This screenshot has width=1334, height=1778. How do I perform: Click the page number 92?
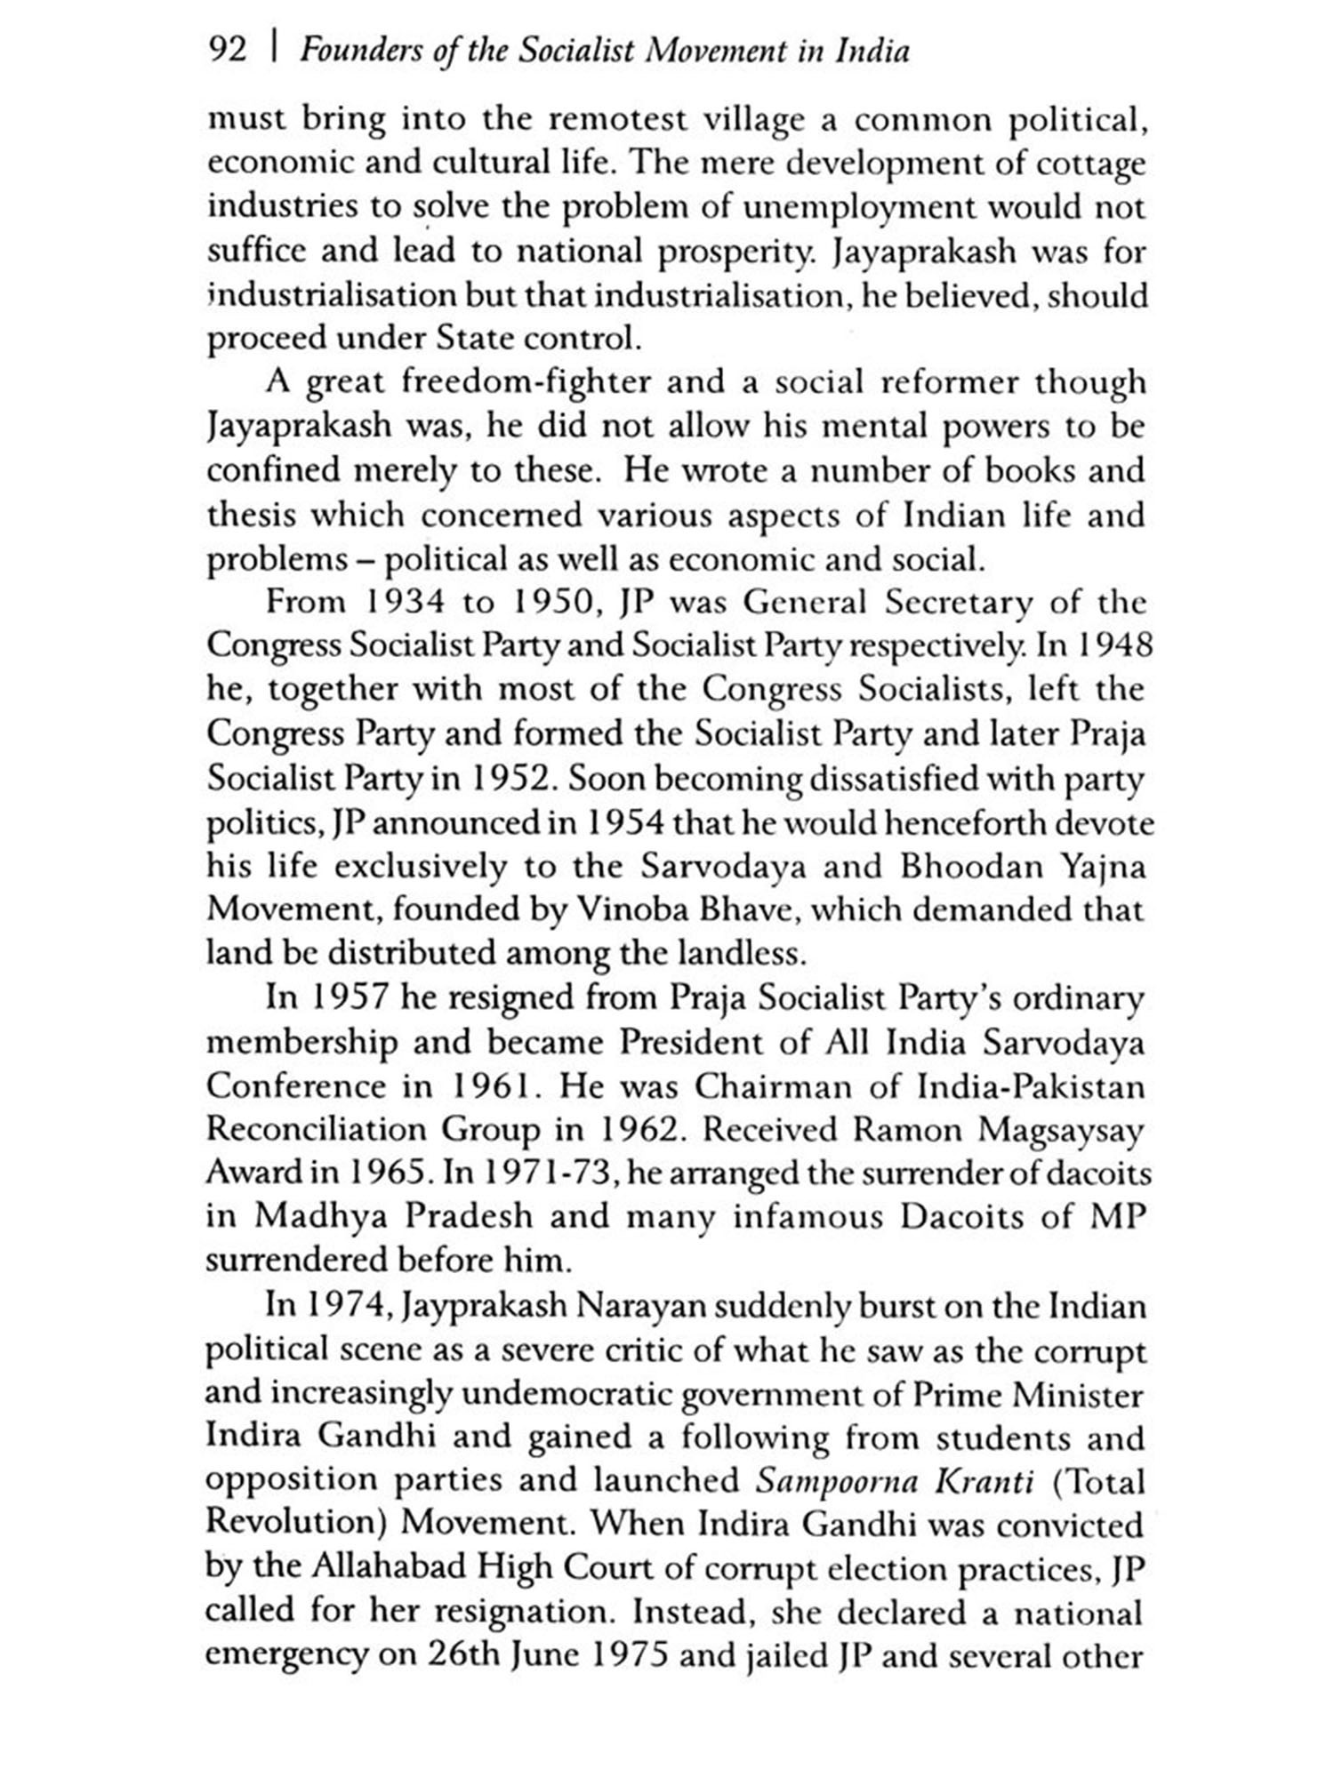tap(226, 51)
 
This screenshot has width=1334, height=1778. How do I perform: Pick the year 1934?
tap(393, 603)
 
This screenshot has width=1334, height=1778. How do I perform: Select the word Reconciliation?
tap(316, 1130)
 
